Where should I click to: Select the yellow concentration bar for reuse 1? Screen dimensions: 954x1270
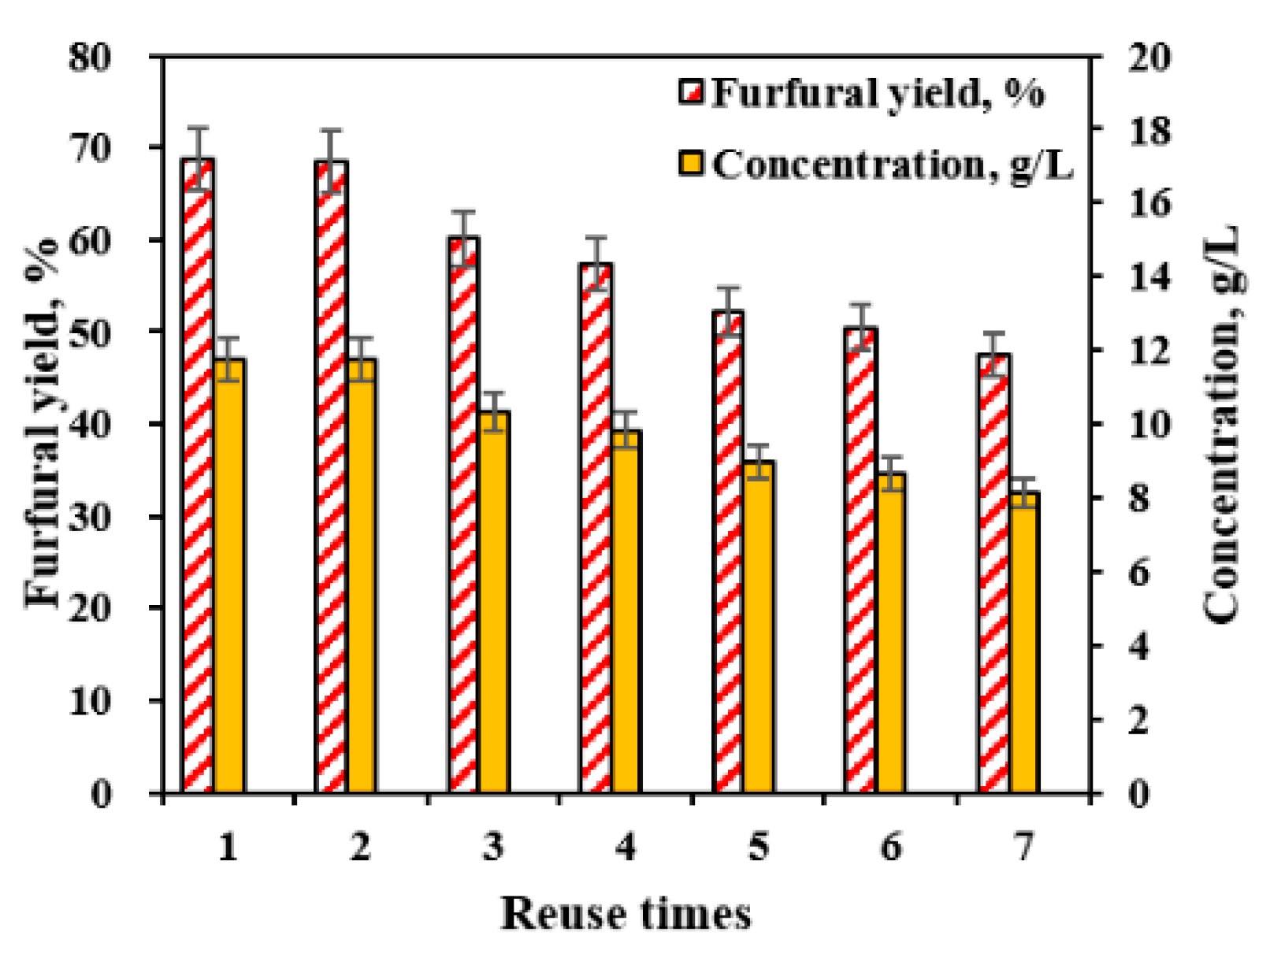click(x=229, y=575)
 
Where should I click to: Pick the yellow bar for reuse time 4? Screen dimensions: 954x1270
click(x=626, y=611)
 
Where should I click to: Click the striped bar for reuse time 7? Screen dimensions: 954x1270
click(x=994, y=575)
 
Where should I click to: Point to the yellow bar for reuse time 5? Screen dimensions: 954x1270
click(x=759, y=626)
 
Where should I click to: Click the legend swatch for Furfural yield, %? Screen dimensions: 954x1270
click(x=691, y=91)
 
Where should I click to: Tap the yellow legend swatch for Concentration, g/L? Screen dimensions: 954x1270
click(x=691, y=164)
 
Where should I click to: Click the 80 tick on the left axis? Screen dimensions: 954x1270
click(x=90, y=58)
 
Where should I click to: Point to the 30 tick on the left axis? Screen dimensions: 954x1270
click(x=90, y=517)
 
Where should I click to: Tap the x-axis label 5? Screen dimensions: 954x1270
click(x=759, y=848)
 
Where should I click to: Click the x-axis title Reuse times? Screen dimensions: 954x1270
click(x=626, y=914)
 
